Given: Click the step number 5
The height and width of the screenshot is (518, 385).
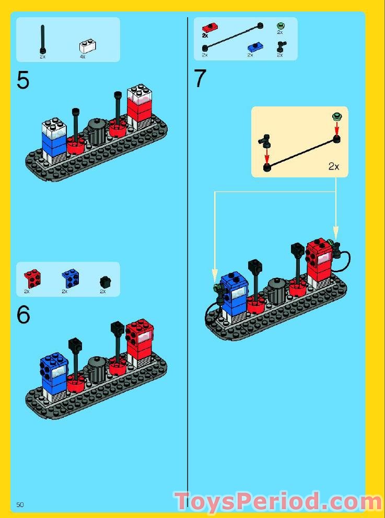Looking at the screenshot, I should point(23,81).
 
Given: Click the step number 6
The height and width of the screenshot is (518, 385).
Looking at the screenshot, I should point(23,315).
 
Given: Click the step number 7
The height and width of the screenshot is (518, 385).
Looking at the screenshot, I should point(200,79).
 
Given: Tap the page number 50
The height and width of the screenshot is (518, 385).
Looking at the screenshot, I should point(20,504).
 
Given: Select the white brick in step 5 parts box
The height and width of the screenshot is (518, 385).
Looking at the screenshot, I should point(87,45).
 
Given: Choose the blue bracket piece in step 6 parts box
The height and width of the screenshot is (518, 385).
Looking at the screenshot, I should point(69,278).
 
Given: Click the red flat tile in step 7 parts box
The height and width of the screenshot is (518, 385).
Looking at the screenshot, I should point(210,28).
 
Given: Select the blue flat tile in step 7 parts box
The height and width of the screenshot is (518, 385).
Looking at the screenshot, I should point(254,46).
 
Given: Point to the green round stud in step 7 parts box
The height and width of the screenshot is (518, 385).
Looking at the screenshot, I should point(280,26).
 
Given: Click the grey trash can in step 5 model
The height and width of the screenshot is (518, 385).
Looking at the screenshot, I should point(97,132).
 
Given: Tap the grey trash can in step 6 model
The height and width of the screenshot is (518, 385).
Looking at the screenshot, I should point(97,369).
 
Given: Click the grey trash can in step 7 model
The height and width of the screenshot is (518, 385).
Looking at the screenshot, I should point(277,291).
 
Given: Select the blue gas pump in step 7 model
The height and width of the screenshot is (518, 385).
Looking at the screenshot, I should point(234,294).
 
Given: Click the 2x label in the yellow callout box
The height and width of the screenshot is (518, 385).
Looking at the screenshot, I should point(334,166).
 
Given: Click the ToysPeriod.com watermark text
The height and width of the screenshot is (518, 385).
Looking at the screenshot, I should point(278,502).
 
